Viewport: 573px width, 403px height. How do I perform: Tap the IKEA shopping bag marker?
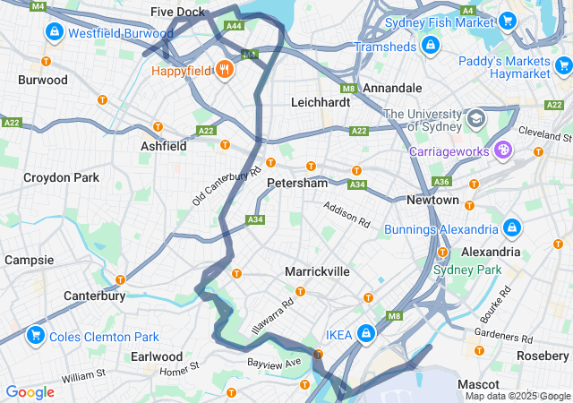(366, 334)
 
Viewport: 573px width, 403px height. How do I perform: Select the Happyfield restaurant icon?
(224, 69)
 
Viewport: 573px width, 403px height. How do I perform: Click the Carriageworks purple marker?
(503, 150)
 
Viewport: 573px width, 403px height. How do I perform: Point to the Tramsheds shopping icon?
(430, 45)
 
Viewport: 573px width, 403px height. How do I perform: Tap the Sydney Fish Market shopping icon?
(507, 21)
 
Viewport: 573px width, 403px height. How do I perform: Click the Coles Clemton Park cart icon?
(36, 337)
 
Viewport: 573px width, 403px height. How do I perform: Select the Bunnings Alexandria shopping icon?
(511, 229)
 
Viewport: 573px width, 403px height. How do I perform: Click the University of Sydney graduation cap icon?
(475, 118)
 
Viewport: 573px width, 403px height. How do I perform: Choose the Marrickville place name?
(317, 270)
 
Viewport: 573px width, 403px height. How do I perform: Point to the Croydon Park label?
(62, 177)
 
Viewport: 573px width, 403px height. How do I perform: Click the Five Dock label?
(177, 12)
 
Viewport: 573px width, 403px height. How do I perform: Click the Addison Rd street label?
(346, 212)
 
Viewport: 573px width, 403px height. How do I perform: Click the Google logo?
(30, 391)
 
